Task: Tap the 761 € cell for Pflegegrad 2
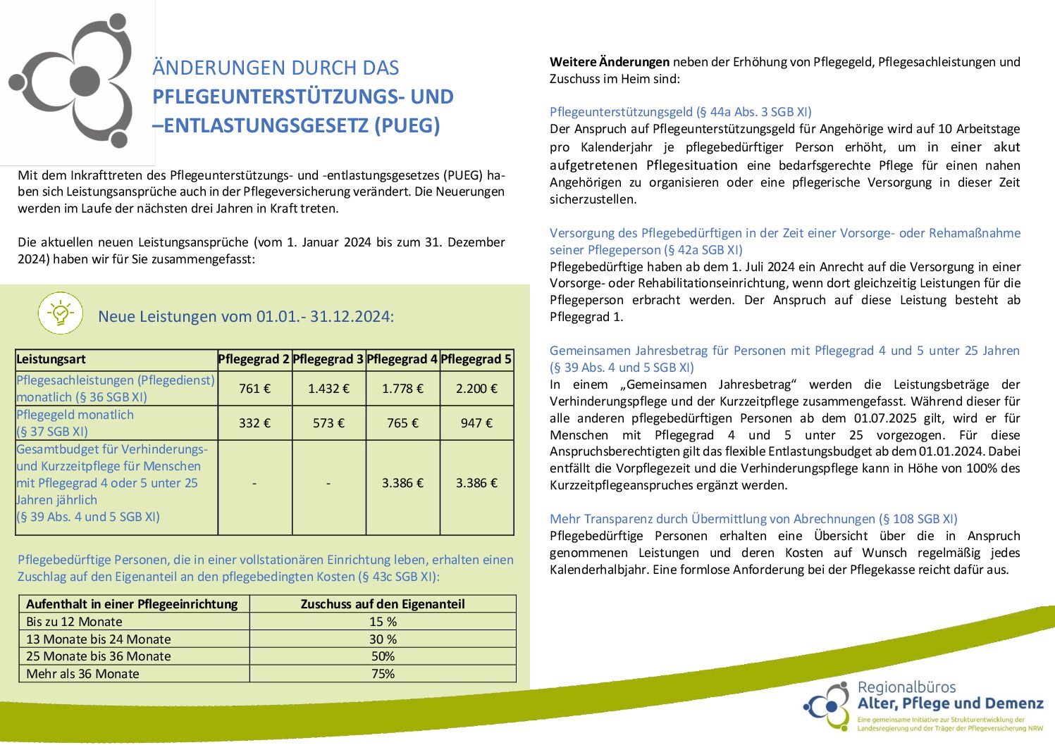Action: point(254,389)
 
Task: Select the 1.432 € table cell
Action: point(328,389)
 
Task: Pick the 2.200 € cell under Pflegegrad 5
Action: point(476,389)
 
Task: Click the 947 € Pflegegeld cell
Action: point(476,423)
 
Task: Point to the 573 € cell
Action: point(328,423)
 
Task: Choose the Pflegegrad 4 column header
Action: point(402,359)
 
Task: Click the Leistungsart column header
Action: point(51,359)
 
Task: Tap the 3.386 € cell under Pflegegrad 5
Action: point(476,483)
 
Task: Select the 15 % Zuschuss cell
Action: point(383,622)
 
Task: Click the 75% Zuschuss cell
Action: point(383,674)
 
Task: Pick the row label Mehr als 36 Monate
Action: point(82,674)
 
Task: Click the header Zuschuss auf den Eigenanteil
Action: point(383,604)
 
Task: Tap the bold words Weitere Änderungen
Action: point(610,62)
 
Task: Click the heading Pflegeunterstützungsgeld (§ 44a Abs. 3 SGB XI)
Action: point(680,112)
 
